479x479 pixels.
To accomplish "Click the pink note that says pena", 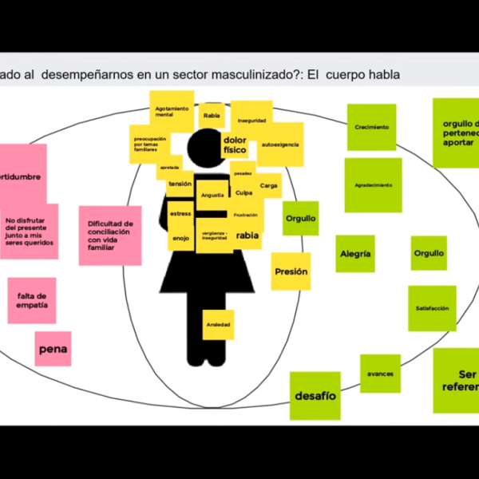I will [53, 349].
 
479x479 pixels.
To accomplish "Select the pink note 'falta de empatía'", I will [32, 300].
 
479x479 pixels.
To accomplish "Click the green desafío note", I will [315, 395].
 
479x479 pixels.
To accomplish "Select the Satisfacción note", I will [432, 308].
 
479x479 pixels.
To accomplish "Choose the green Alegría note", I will [354, 254].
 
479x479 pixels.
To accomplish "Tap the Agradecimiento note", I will [373, 185].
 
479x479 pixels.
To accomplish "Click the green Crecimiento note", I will [371, 128].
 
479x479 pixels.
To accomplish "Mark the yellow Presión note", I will [291, 271].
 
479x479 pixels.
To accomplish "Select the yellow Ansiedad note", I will [218, 324].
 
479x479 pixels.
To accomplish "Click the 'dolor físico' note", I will [235, 144].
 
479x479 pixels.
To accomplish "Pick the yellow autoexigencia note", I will [279, 144].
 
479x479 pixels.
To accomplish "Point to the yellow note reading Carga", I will [269, 184].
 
